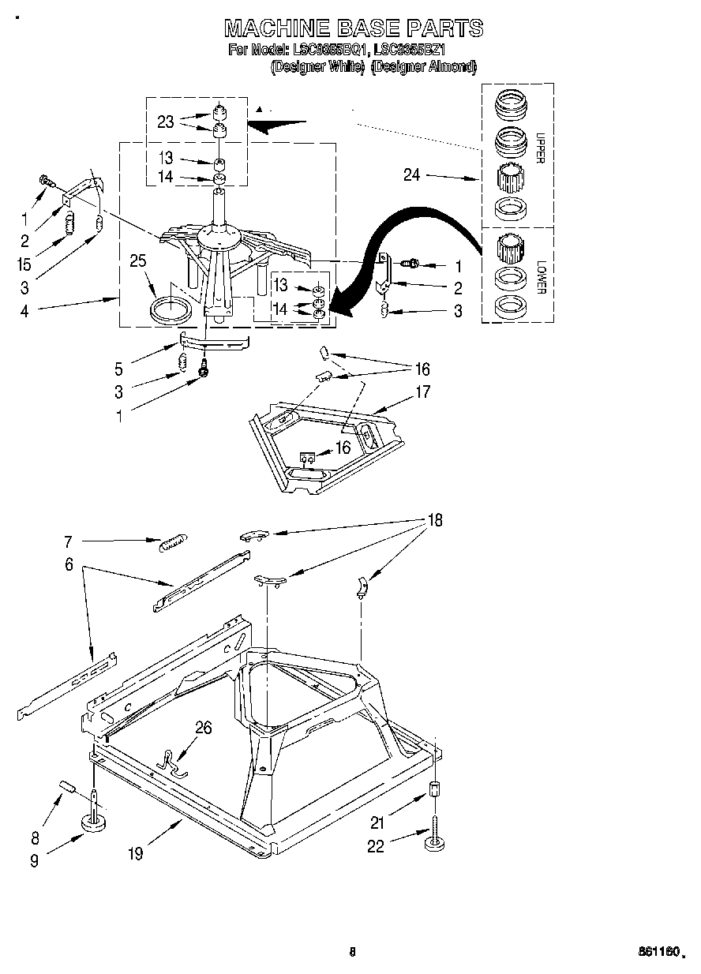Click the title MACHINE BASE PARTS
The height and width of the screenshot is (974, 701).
point(354,28)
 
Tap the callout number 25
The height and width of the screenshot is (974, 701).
point(139,261)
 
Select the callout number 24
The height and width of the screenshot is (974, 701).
point(412,175)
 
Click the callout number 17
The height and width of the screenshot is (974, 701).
point(423,391)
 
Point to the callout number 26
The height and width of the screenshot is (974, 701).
point(203,728)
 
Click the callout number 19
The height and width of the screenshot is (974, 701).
point(136,854)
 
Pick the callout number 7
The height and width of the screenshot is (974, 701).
point(68,542)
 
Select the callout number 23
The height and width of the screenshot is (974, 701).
point(166,122)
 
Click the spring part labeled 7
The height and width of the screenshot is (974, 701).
point(173,543)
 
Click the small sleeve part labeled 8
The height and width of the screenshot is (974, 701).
point(66,787)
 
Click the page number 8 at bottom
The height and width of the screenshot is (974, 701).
point(352,952)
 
